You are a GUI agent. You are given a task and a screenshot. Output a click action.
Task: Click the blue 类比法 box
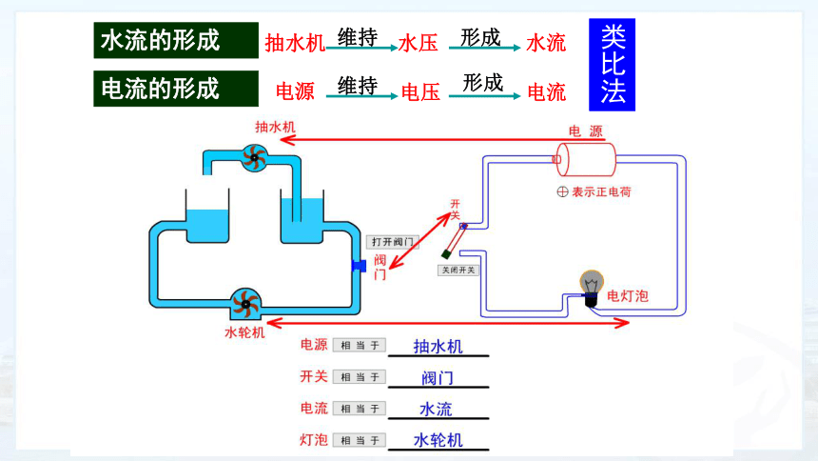(x=612, y=65)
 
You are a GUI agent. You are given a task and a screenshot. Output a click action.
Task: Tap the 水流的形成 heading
(x=176, y=40)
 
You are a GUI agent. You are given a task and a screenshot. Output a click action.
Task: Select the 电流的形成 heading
(x=176, y=89)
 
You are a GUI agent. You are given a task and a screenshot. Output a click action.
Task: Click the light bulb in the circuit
(x=592, y=287)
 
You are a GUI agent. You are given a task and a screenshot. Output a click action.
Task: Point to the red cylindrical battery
(x=584, y=159)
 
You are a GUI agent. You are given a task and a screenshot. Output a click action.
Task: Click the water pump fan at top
(x=255, y=157)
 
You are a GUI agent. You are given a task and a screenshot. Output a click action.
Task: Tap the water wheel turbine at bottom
(x=245, y=303)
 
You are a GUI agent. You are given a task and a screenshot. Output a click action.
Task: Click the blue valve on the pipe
(x=359, y=266)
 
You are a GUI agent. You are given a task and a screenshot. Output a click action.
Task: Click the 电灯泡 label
(x=628, y=296)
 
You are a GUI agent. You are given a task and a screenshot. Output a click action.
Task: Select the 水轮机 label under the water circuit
(x=244, y=332)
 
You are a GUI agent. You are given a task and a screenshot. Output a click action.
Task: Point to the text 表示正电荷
(x=601, y=191)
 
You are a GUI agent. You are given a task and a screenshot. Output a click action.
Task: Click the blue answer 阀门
(x=438, y=378)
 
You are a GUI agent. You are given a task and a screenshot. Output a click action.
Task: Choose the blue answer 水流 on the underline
(x=437, y=410)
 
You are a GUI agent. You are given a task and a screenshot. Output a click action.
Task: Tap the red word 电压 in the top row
(x=420, y=92)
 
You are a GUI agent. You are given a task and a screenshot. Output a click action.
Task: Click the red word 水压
(x=418, y=44)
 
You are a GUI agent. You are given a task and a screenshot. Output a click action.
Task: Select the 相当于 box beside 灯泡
(x=360, y=441)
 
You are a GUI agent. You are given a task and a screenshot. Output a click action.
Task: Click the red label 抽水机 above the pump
(x=275, y=127)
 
